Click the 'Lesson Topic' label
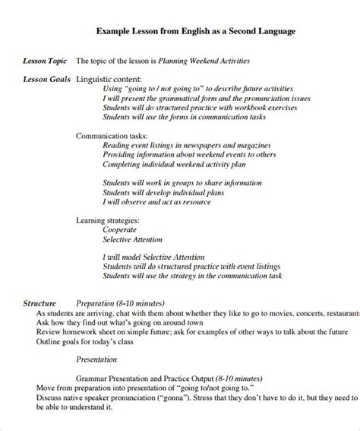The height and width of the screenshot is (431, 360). pyautogui.click(x=45, y=60)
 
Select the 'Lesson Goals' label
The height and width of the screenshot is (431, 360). pyautogui.click(x=45, y=78)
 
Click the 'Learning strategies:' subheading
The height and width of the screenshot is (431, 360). pyautogui.click(x=111, y=219)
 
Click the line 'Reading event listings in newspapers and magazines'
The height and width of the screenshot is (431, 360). pyautogui.click(x=185, y=144)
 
